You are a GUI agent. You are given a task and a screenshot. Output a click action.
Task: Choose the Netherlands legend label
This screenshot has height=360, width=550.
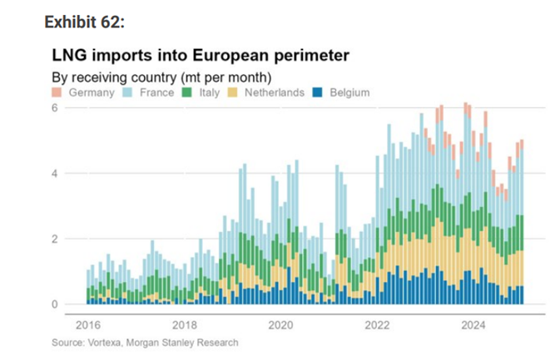pos(273,92)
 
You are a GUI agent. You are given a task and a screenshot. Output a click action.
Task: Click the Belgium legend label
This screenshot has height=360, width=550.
pos(349,92)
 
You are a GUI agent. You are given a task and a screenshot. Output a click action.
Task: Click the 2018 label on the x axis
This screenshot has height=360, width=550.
pos(184,323)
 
